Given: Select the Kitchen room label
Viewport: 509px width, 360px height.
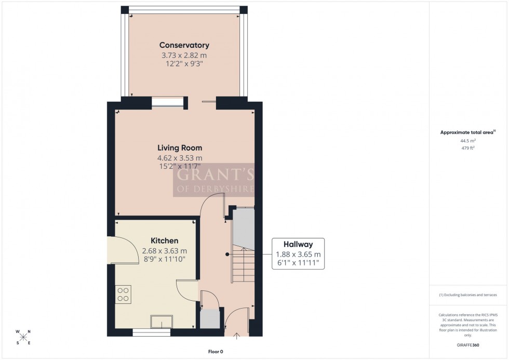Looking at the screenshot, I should click(x=164, y=241).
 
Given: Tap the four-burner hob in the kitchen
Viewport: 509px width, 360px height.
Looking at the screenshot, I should click(x=124, y=294).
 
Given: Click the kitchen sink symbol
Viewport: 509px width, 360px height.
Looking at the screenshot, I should click(x=161, y=322).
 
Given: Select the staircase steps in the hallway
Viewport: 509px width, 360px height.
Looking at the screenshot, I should click(x=243, y=260).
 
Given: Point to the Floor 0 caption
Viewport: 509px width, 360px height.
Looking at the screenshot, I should click(x=213, y=352).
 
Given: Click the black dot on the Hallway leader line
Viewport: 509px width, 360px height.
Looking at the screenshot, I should click(x=227, y=254).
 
